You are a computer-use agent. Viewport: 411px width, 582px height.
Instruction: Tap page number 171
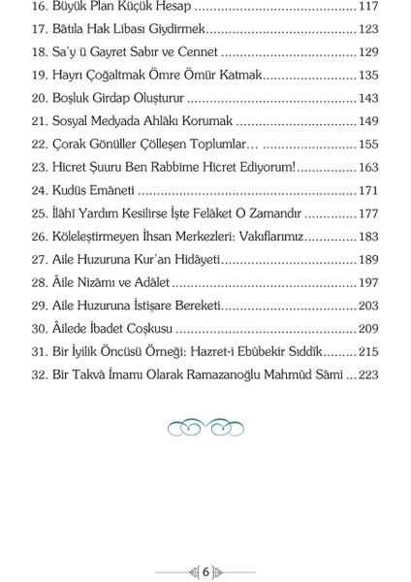point(367,188)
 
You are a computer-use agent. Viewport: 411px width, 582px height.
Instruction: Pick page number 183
point(367,234)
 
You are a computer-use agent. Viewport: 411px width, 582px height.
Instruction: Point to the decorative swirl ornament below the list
point(205,423)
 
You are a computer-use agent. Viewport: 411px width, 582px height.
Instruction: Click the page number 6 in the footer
point(205,570)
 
